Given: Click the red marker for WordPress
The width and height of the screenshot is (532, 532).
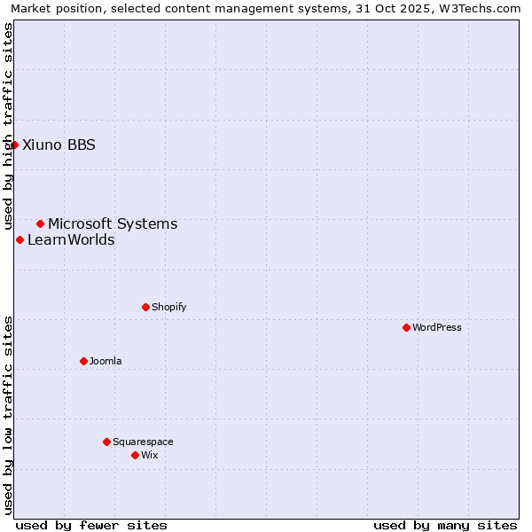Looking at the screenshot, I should coord(406,327).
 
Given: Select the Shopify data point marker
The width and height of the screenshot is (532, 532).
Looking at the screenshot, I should coord(145,307).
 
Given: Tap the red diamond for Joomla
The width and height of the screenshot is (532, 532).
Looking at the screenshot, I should coord(83,361).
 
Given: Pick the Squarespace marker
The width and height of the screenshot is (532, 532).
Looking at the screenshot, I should coord(106,442).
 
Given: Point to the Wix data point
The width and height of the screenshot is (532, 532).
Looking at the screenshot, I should coord(135,455).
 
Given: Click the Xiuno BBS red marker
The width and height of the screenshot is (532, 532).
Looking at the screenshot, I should coord(14,145).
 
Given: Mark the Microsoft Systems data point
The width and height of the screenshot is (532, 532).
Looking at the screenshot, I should coord(40,223).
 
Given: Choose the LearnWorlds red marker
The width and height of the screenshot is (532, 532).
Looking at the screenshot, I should coord(20,239).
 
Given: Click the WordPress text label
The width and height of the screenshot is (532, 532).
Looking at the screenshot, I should coord(437,327).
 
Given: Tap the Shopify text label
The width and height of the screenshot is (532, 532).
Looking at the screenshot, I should coord(168,307).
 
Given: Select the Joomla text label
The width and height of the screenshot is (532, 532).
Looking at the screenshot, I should coord(106,361).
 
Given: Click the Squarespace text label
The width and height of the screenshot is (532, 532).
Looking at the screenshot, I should coord(143,442).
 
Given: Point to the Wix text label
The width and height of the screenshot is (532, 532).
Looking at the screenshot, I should coord(149,455).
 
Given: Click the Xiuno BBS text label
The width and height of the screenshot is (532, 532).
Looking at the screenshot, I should coord(59,145).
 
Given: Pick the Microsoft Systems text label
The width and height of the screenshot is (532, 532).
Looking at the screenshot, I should coord(113,224).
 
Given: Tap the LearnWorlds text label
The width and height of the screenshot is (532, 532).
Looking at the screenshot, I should coord(71,240).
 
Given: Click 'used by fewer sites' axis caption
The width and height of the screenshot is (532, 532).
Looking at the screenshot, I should coord(91,525).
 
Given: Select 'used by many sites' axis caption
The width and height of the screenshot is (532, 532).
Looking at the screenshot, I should coord(445,525).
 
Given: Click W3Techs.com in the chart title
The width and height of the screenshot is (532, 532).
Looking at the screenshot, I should coord(477,9).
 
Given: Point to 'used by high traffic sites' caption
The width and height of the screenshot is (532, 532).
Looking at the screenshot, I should coord(9,126).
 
